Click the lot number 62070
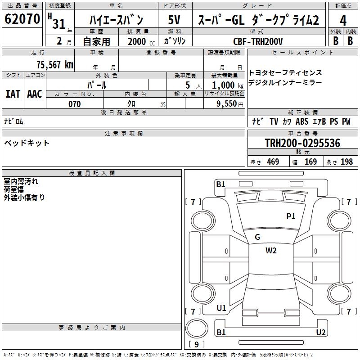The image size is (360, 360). tap(22, 19)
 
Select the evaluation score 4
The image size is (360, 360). tap(343, 20)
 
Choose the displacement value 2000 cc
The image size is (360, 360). tap(139, 41)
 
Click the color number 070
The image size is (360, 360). tap(74, 104)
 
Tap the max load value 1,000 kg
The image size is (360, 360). tap(224, 85)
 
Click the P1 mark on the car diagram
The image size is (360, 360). tap(291, 216)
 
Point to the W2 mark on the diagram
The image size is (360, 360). tap(271, 251)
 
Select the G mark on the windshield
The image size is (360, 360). tap(257, 237)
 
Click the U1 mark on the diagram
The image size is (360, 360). tap(221, 308)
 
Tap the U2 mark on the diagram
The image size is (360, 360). tap(321, 333)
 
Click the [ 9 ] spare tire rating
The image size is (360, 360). tap(196, 344)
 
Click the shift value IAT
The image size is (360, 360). tap(13, 94)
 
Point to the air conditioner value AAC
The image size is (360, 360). tap(35, 94)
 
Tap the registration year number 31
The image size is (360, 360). tap(59, 23)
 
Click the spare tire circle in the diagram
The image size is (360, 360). tap(196, 328)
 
